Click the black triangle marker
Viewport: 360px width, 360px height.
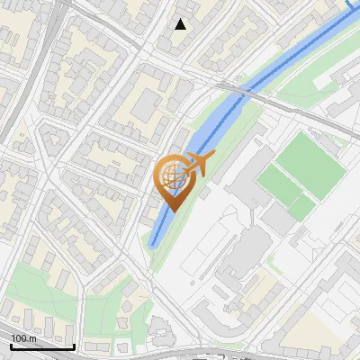click(181, 24)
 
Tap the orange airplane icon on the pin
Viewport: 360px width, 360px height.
click(200, 163)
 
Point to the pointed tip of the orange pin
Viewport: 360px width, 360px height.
click(171, 210)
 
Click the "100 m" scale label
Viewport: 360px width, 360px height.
click(23, 337)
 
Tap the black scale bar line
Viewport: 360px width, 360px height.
click(42, 346)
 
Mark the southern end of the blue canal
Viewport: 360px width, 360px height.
click(155, 243)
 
